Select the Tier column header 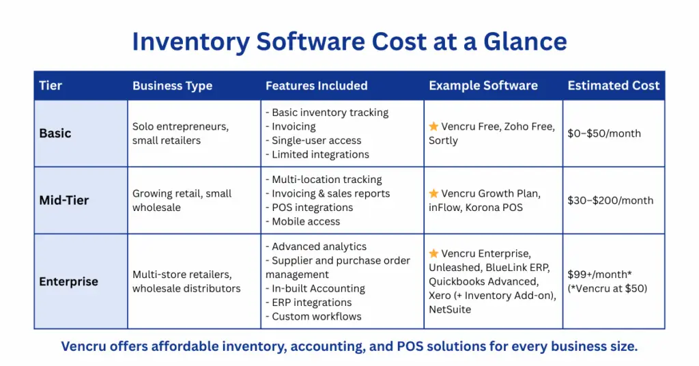click(x=51, y=85)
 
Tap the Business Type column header click(x=172, y=85)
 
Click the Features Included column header click(x=316, y=85)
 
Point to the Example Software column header click(x=483, y=85)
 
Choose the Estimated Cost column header click(x=613, y=85)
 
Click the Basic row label click(x=55, y=133)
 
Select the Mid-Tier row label click(x=63, y=200)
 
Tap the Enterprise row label click(x=68, y=281)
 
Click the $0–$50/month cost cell click(x=604, y=133)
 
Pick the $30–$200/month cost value click(x=610, y=200)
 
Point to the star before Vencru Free click(x=433, y=126)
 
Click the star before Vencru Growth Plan click(x=433, y=194)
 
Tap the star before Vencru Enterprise click(x=433, y=253)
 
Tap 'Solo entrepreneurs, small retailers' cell click(x=180, y=133)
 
